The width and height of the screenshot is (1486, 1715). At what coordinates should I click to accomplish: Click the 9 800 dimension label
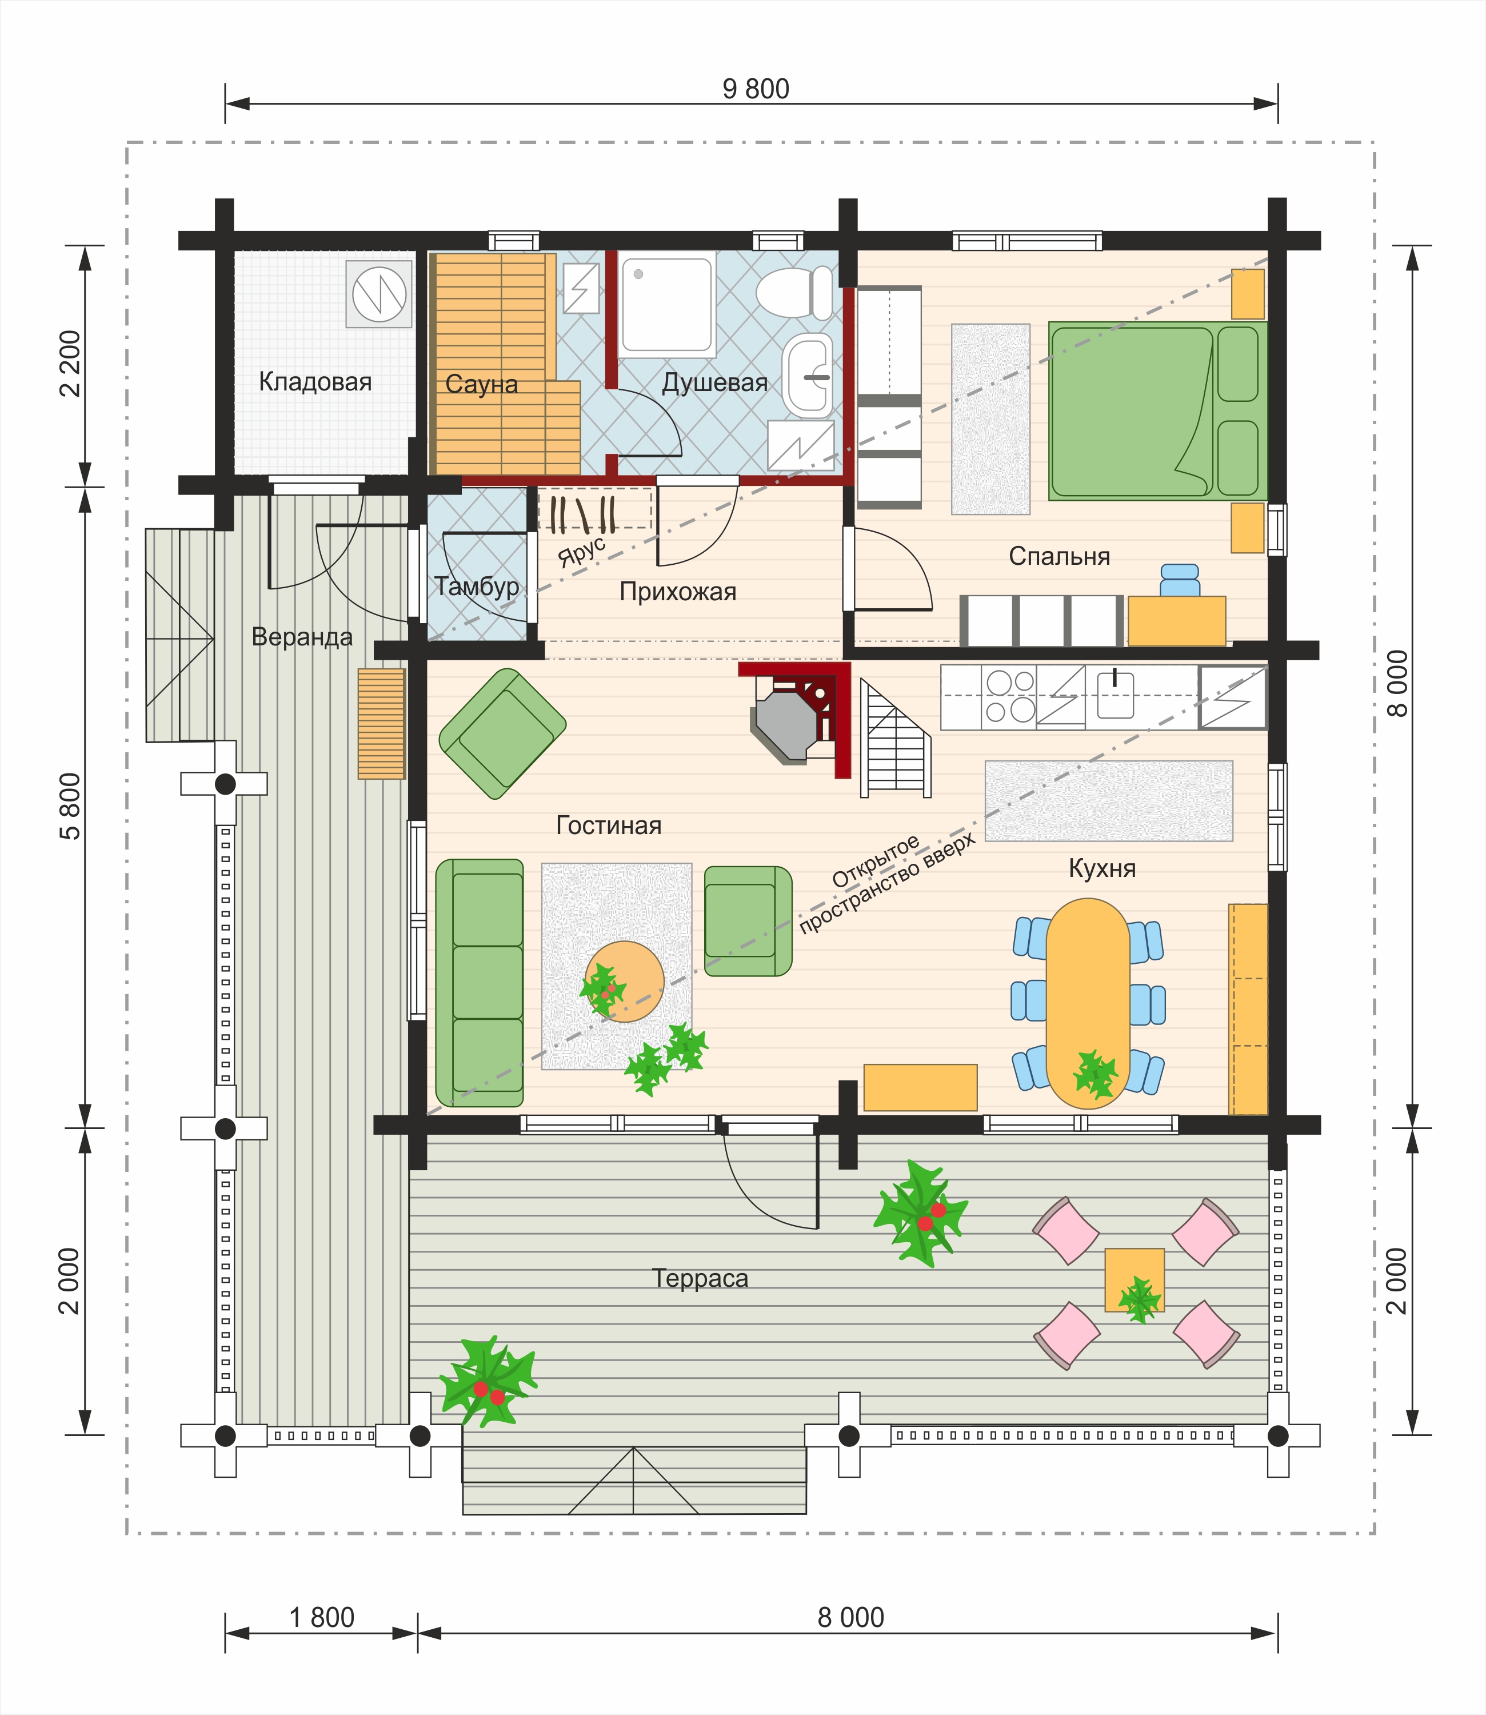click(x=756, y=89)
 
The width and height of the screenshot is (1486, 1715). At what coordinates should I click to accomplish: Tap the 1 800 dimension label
click(x=322, y=1617)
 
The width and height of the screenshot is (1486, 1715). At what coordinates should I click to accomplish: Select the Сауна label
click(x=481, y=384)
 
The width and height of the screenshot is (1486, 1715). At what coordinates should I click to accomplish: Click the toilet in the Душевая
click(x=794, y=293)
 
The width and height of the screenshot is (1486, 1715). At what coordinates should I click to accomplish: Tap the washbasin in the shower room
click(x=808, y=376)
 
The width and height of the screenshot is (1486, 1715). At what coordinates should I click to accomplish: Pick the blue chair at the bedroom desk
click(x=1179, y=580)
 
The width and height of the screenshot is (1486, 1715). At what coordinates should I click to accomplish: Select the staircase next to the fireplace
click(x=895, y=738)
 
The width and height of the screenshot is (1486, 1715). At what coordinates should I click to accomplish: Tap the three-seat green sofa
click(x=480, y=983)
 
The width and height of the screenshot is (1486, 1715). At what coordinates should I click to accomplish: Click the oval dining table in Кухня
click(x=1088, y=1003)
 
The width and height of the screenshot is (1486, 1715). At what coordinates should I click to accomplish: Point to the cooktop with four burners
click(x=1009, y=697)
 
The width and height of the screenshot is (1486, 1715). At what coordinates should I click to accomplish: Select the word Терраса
click(x=700, y=1279)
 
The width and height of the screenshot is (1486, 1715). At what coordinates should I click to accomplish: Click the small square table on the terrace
click(x=1135, y=1281)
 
